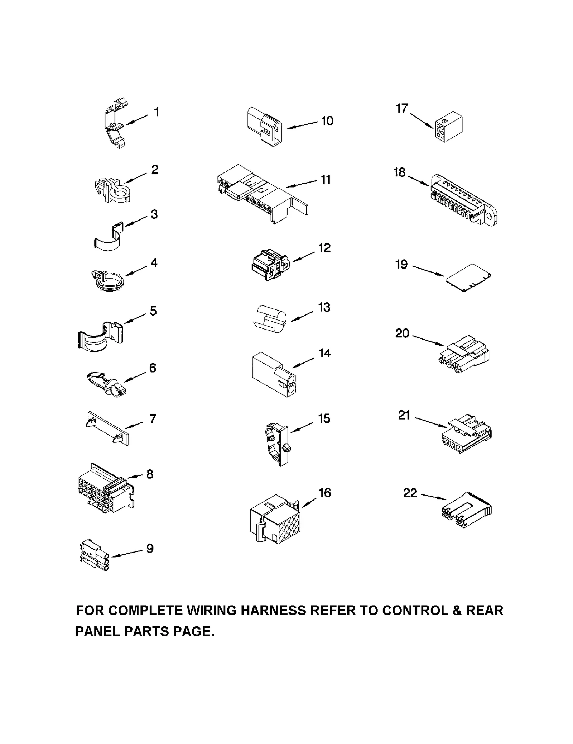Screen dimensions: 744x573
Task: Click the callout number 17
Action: [x=402, y=108]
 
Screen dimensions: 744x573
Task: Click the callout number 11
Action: [x=326, y=180]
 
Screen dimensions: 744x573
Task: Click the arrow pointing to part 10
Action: [x=302, y=125]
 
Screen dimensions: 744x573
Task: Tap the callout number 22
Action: [x=410, y=493]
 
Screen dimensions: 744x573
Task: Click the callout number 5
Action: [x=153, y=311]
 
